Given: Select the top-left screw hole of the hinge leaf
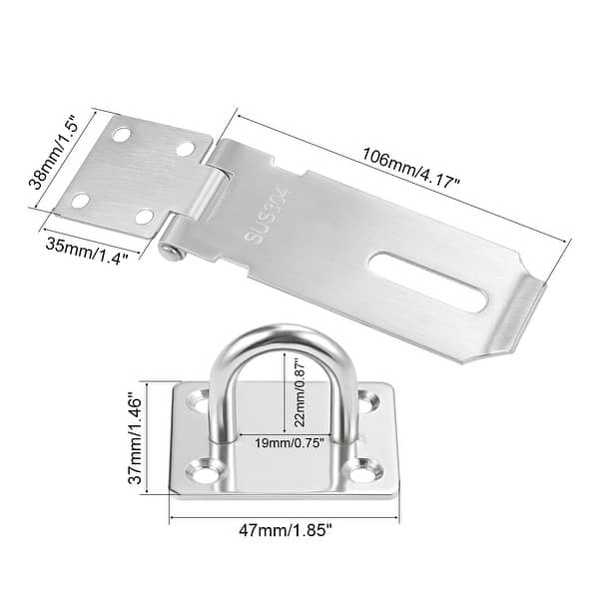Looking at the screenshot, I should click(x=122, y=133).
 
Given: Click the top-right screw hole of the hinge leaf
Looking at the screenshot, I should click(x=185, y=149).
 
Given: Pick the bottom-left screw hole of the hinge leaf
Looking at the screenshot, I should click(x=80, y=200).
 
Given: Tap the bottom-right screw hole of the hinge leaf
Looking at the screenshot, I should click(x=144, y=216).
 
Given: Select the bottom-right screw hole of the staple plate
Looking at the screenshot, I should click(x=371, y=466).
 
